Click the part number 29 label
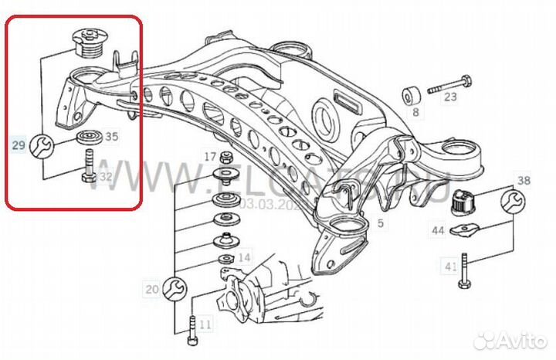coord(19,144)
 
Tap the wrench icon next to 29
coord(42,144)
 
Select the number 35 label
coord(111,137)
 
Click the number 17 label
coord(210,157)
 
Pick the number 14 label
coord(243,256)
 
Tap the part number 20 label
coord(151,290)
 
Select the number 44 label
coord(438,230)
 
